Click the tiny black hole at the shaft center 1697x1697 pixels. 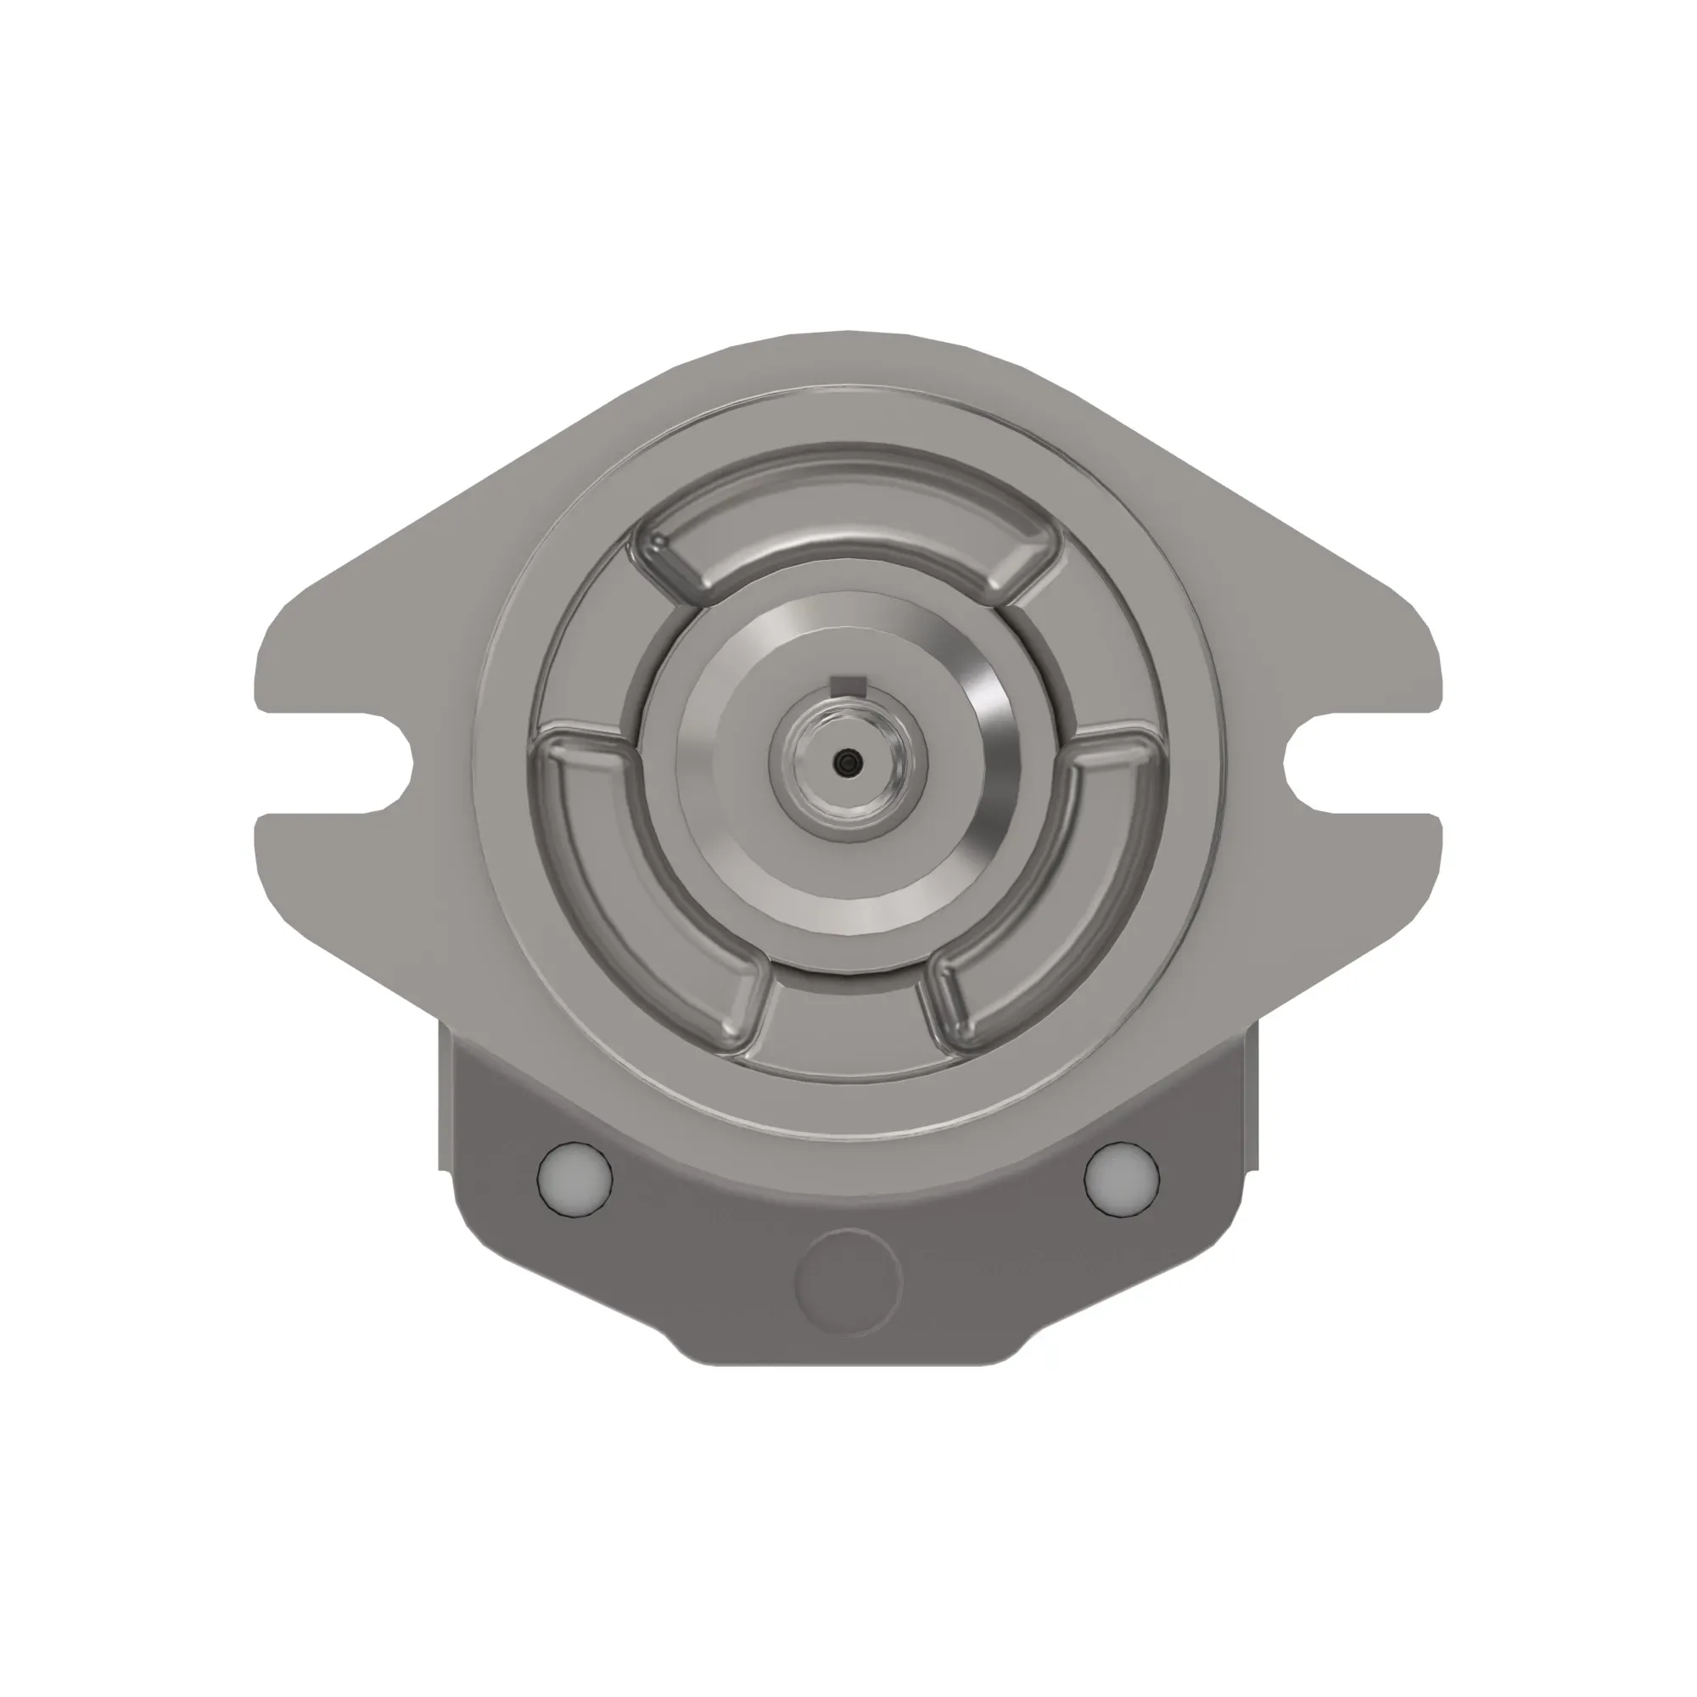point(847,764)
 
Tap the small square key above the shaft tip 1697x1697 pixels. point(848,685)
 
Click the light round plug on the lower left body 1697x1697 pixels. point(574,1178)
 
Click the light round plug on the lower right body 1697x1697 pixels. point(1122,1178)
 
